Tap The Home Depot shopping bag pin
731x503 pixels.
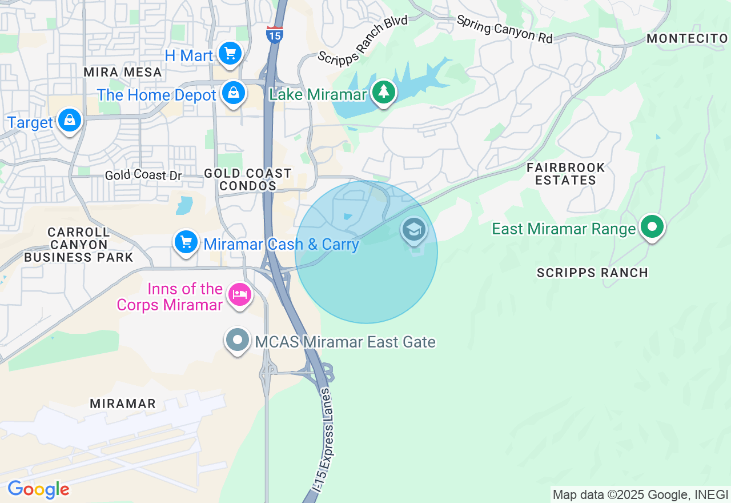click(x=234, y=93)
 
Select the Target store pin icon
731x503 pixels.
click(x=69, y=121)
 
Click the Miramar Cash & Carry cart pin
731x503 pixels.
click(x=186, y=242)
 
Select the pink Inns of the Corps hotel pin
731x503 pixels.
click(x=239, y=295)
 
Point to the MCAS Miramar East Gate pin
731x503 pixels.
click(x=238, y=341)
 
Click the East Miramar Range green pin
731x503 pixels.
click(x=652, y=227)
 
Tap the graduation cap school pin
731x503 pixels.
click(x=413, y=230)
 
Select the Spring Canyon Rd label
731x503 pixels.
click(x=504, y=29)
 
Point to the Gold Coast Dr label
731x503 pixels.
click(x=143, y=175)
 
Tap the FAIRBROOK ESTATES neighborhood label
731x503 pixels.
click(x=565, y=174)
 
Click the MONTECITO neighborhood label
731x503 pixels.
click(x=687, y=38)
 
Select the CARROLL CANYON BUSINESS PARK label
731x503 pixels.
click(x=78, y=245)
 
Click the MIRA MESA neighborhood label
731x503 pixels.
click(x=123, y=73)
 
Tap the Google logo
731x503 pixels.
click(x=38, y=490)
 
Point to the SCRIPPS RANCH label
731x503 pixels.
click(x=592, y=273)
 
